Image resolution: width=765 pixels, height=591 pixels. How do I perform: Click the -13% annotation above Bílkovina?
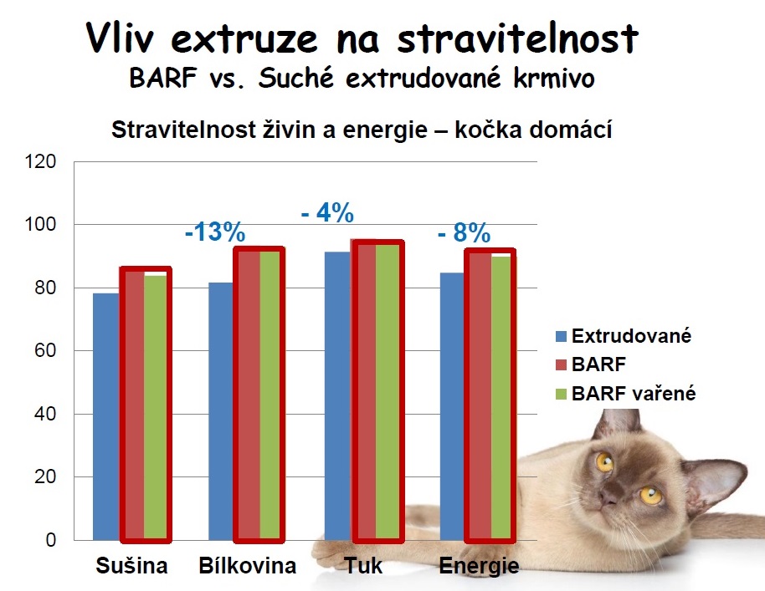[215, 232]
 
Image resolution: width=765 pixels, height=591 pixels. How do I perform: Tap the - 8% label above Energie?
[464, 233]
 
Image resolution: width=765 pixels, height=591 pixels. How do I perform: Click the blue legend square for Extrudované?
[562, 337]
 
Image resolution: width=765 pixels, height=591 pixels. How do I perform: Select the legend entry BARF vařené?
[634, 394]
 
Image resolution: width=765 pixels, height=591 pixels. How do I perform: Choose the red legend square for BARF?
[562, 365]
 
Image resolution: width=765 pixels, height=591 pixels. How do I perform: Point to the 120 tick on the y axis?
[43, 162]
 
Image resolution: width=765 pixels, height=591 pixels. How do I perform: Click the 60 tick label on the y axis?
[47, 351]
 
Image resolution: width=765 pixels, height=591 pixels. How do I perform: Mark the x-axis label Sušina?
[131, 566]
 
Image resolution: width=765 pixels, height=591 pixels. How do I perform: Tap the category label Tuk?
[363, 566]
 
